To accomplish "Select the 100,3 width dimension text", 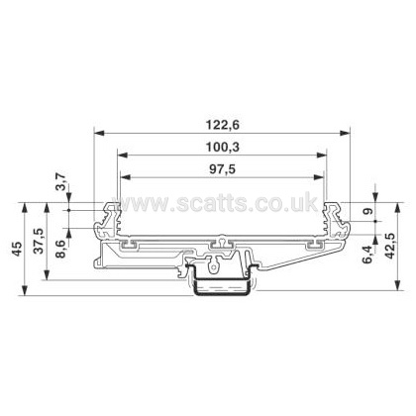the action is coord(223,148).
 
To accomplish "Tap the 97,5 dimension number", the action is coord(223,169).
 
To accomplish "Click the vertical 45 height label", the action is coord(18,249).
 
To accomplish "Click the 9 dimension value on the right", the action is coord(368,211).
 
